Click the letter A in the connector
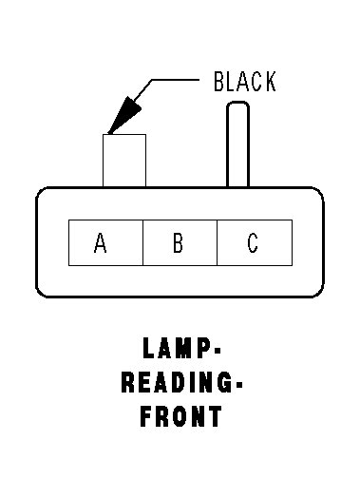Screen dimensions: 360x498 101,242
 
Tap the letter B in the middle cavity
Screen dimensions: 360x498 178,242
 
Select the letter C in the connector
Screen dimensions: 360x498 253,242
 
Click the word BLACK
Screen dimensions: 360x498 245,82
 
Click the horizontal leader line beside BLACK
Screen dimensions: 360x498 175,80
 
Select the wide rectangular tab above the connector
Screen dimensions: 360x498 124,161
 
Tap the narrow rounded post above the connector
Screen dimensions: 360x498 237,144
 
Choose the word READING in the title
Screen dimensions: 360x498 177,382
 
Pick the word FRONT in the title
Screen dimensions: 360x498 181,416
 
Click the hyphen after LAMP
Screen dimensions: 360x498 218,351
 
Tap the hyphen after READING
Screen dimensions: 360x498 239,385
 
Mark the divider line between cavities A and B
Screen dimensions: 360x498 142,242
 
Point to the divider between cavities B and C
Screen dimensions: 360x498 218,242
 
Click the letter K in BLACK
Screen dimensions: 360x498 270,82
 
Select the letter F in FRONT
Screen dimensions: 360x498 145,416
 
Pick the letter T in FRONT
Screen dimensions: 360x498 216,416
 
